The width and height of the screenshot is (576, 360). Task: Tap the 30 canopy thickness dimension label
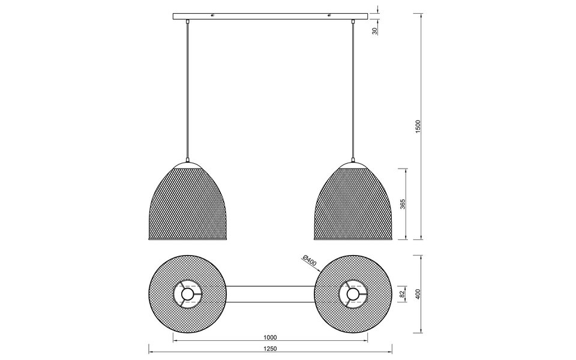pyautogui.click(x=374, y=30)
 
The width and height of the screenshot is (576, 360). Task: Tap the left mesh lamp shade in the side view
pyautogui.click(x=188, y=204)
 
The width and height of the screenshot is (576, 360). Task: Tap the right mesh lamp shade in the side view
pyautogui.click(x=353, y=204)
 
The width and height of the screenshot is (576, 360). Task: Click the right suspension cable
pyautogui.click(x=353, y=90)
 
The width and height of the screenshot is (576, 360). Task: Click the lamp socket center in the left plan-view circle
pyautogui.click(x=188, y=295)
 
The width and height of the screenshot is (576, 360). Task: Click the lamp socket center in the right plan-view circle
pyautogui.click(x=353, y=295)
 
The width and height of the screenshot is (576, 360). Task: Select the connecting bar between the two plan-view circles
pyautogui.click(x=270, y=295)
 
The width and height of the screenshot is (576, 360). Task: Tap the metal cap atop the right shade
pyautogui.click(x=353, y=164)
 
